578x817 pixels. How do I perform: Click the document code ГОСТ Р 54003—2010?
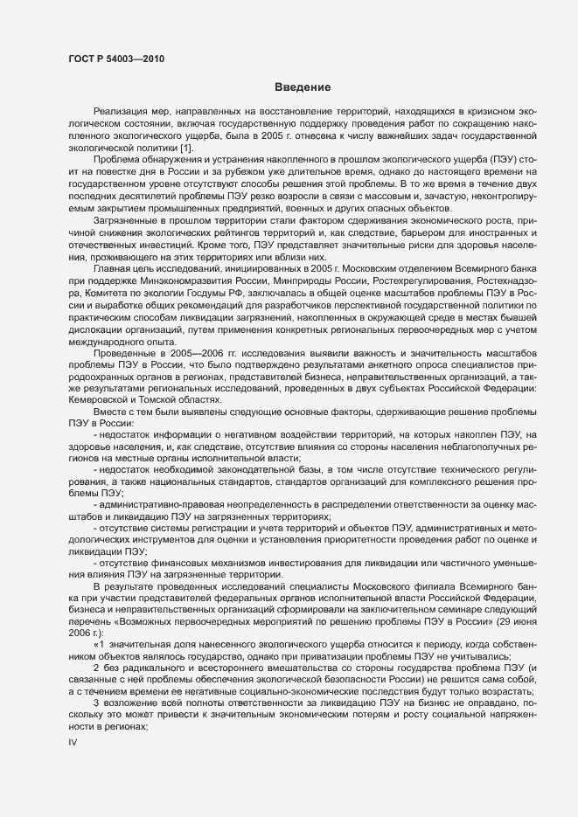click(115, 59)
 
